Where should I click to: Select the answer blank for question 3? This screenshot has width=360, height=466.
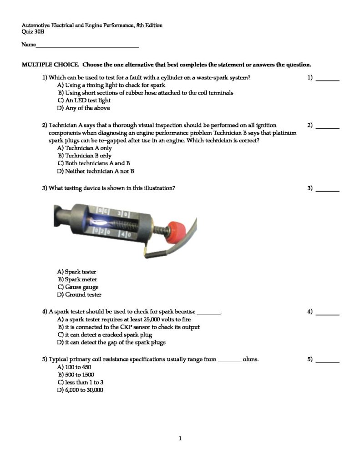pos(327,190)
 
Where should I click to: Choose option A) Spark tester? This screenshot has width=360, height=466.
pos(76,272)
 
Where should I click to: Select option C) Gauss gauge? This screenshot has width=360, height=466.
pos(77,287)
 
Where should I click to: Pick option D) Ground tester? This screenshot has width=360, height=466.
pos(79,295)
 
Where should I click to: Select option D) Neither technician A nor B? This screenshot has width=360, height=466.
pos(95,172)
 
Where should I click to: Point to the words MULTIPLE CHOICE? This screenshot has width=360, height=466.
pos(51,65)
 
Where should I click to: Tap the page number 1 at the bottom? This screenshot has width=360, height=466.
pos(180,438)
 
